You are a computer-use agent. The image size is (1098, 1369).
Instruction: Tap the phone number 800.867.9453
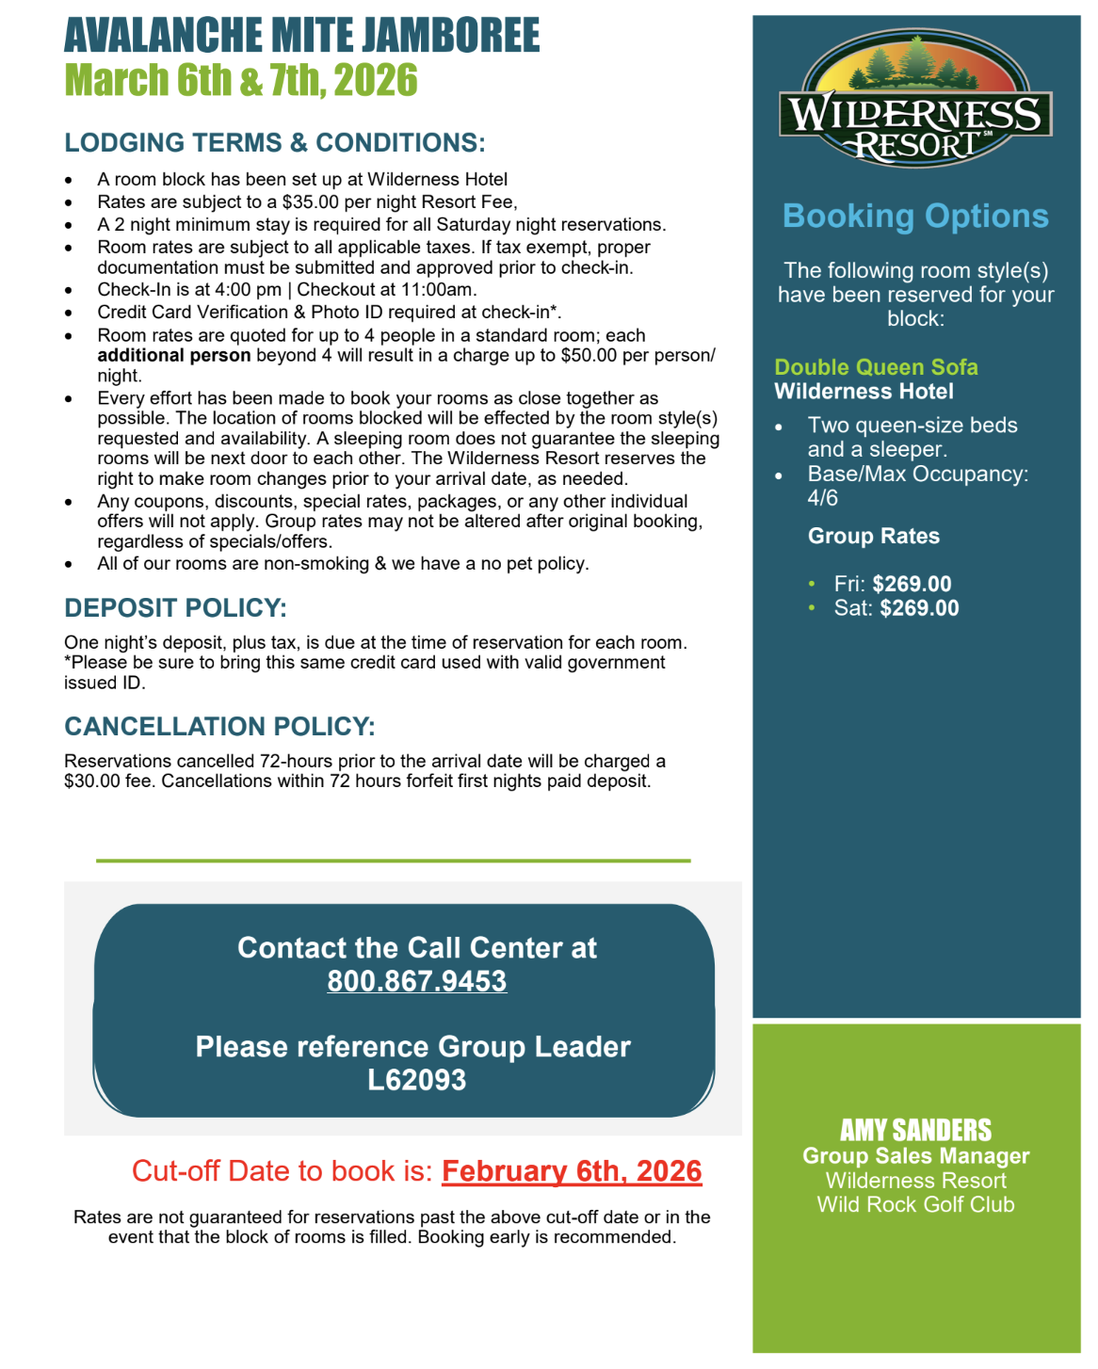pos(416,981)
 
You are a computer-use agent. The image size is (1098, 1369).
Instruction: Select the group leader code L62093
pos(416,1080)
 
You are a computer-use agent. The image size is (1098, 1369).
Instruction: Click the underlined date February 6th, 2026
pos(572,1171)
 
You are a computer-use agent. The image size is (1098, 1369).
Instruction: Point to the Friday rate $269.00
pos(912,584)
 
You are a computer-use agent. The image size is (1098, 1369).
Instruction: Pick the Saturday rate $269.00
pos(919,608)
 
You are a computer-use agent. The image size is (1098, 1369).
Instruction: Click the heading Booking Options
pos(915,217)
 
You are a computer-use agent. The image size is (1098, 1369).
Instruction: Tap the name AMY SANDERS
pos(915,1130)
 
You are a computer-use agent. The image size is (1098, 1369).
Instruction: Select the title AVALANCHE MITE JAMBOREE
pos(301,36)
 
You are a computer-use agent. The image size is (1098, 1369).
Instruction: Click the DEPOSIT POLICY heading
pos(175,608)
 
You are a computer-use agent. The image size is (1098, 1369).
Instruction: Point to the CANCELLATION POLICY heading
pos(219,727)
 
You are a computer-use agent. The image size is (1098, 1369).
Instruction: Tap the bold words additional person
pos(174,356)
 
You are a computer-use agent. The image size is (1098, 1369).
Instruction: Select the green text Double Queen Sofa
pos(876,367)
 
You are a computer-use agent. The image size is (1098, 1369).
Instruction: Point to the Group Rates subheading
pos(873,537)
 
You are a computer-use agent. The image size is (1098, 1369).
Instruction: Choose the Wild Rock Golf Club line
pos(915,1205)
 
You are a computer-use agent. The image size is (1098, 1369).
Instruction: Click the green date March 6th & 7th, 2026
pos(241,81)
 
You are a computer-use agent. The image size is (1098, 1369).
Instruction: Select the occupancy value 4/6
pos(822,498)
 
